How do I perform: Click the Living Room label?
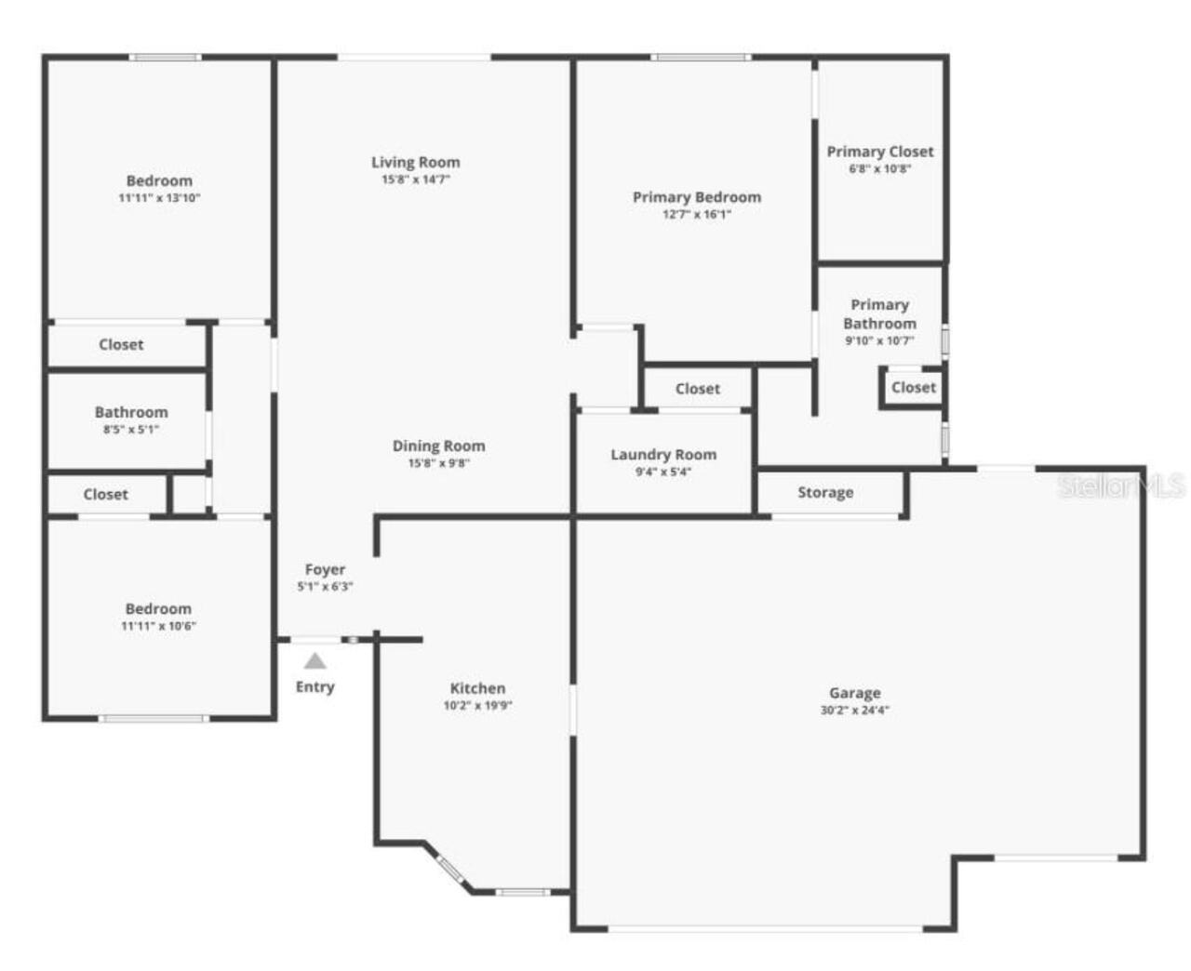click(x=415, y=162)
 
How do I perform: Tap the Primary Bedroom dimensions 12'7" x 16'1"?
click(x=696, y=214)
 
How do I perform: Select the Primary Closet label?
click(x=879, y=151)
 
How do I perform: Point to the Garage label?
click(x=854, y=693)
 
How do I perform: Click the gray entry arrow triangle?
click(x=315, y=661)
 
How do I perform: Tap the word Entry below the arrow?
click(x=314, y=686)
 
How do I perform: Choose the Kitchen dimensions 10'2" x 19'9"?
click(x=477, y=705)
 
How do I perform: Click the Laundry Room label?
click(x=662, y=455)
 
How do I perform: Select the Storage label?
click(x=824, y=492)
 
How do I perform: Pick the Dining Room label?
click(x=438, y=446)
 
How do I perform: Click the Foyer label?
click(x=325, y=569)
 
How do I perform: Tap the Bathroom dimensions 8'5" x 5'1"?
click(x=131, y=429)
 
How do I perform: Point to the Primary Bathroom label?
click(x=879, y=314)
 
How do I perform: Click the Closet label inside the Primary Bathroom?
click(x=913, y=387)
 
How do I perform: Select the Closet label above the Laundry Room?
click(x=697, y=389)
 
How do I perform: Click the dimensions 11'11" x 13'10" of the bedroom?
click(x=159, y=197)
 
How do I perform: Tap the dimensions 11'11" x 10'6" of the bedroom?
click(x=158, y=626)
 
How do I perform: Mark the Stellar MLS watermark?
click(x=1121, y=485)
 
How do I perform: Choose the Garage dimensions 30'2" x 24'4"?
click(x=854, y=710)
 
